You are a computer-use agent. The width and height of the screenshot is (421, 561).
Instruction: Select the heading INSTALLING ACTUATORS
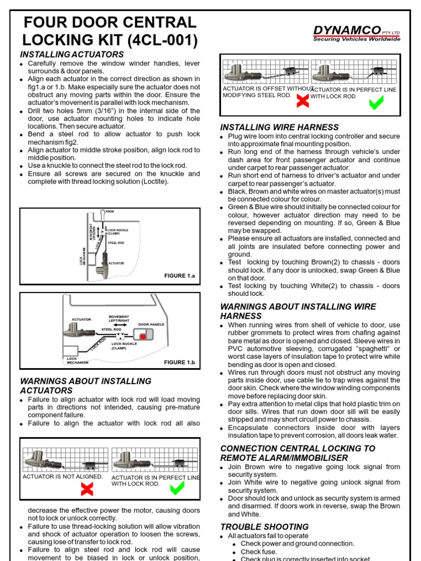[72, 54]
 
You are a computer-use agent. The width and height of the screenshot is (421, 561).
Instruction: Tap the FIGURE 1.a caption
[179, 276]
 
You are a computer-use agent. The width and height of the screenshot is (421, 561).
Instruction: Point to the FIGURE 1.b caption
[179, 362]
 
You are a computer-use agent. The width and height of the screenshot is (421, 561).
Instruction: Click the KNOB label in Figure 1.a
[110, 211]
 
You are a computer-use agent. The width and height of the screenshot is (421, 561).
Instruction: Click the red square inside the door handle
[143, 337]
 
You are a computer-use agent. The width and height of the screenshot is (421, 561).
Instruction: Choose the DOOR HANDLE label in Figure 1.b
[151, 325]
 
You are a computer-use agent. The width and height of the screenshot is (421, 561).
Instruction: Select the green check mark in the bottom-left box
[177, 488]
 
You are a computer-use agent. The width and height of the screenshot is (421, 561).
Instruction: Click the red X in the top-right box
[301, 101]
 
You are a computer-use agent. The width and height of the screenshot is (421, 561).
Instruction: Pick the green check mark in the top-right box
[376, 102]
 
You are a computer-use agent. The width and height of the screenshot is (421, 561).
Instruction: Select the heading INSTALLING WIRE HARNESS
[279, 127]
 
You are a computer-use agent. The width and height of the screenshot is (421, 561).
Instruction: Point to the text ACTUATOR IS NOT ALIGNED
[62, 477]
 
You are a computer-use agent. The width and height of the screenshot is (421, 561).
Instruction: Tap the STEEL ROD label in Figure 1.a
[116, 242]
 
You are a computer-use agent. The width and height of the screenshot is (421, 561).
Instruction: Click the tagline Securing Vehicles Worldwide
[356, 39]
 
